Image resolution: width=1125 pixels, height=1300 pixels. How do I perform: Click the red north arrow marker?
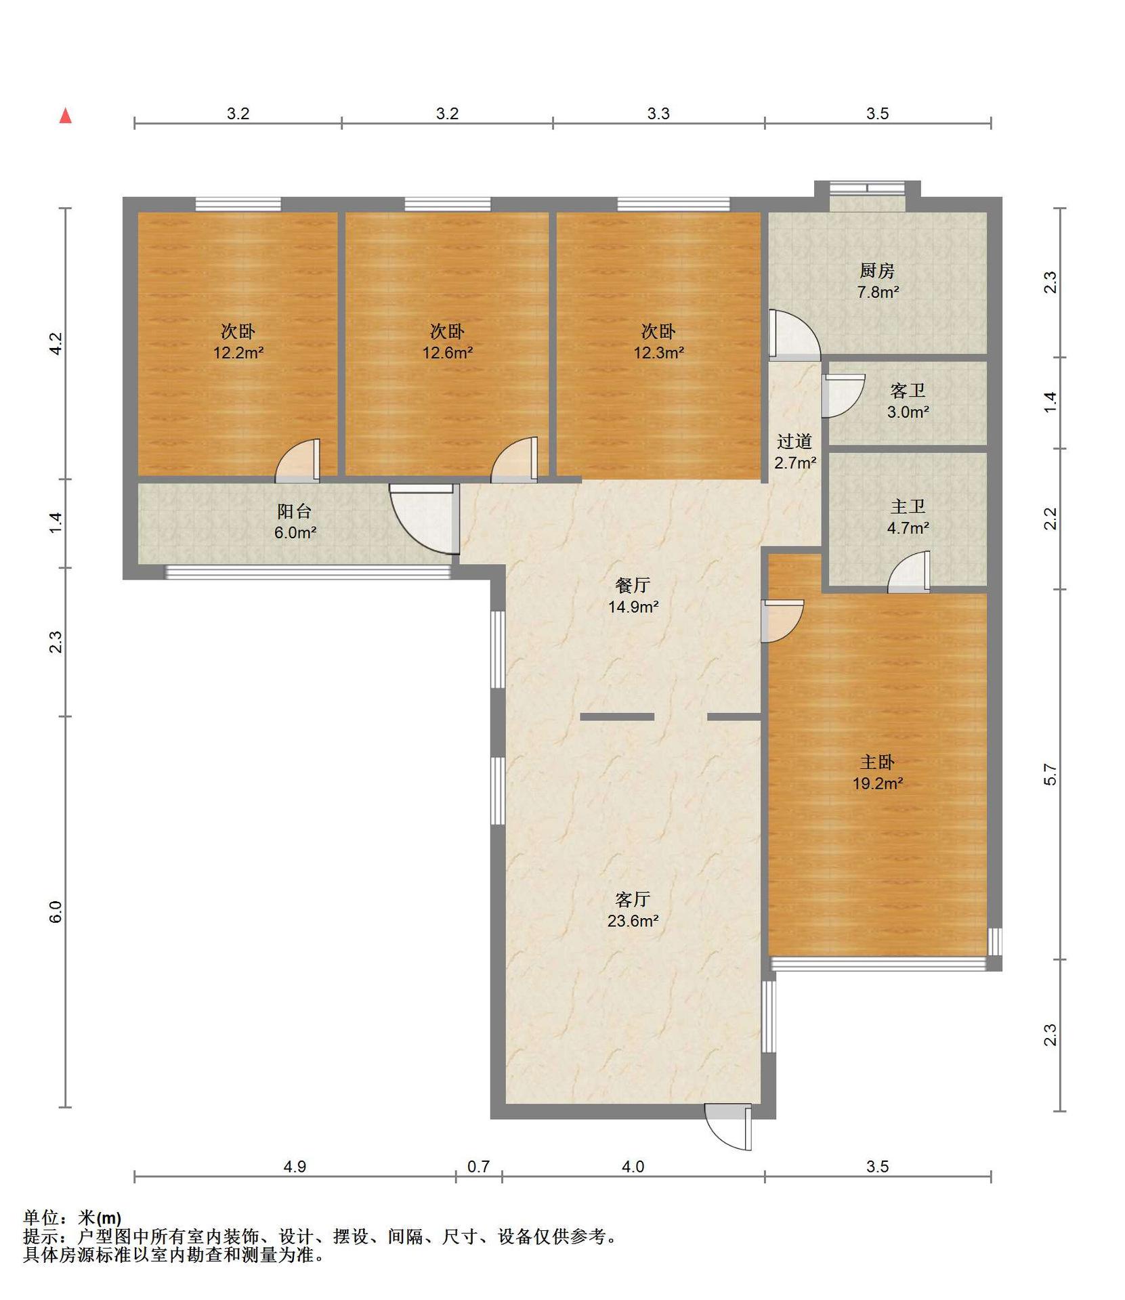tap(66, 116)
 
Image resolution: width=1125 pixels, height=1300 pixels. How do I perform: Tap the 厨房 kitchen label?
tap(877, 271)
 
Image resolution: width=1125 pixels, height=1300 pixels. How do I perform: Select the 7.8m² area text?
tap(878, 292)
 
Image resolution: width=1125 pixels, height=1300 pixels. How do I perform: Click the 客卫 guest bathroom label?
tap(908, 391)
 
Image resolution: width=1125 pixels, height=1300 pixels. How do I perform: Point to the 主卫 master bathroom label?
tap(908, 506)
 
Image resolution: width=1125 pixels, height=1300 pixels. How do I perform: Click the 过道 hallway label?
tap(794, 441)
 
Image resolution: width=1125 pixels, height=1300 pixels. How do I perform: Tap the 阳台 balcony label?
tap(295, 511)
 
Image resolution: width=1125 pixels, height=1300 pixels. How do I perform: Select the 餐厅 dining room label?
tap(633, 585)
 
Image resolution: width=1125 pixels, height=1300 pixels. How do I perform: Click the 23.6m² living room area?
tap(633, 921)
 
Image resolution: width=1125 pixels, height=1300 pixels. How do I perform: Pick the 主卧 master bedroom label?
tap(877, 762)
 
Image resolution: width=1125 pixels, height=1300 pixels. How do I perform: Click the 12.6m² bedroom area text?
tap(447, 353)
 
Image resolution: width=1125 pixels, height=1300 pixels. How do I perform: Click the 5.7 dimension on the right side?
tap(1050, 774)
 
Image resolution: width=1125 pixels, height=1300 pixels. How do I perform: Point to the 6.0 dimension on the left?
tap(56, 911)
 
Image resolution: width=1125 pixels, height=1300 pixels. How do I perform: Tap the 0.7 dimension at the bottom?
tap(478, 1166)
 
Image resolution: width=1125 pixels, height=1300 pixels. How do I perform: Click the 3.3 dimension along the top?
tap(658, 113)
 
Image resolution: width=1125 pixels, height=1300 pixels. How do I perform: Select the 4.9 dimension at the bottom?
tap(295, 1166)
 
